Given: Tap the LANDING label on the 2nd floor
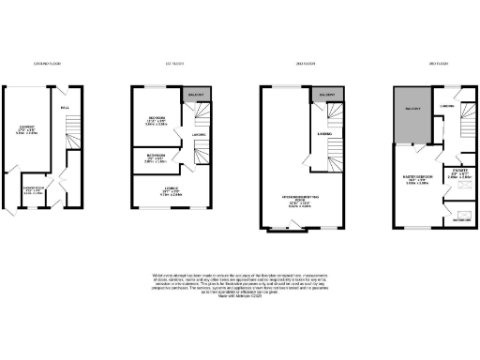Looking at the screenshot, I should (x=324, y=134).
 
